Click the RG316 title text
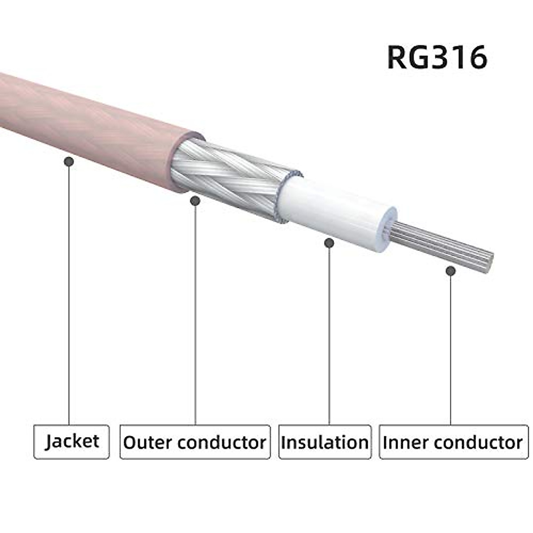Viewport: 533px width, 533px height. point(437,57)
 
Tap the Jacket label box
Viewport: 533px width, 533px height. point(72,442)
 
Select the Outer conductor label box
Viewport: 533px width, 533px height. point(195,442)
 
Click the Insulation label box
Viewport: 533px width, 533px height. point(325,442)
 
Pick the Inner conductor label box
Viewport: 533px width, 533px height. point(453,442)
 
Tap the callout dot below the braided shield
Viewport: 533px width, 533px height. point(195,201)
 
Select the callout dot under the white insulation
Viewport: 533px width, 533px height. point(329,243)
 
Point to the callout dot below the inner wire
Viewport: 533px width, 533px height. point(451,271)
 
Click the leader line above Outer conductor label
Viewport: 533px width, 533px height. point(195,311)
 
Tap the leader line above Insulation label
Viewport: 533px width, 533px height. point(329,333)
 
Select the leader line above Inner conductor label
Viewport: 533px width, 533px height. point(451,346)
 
